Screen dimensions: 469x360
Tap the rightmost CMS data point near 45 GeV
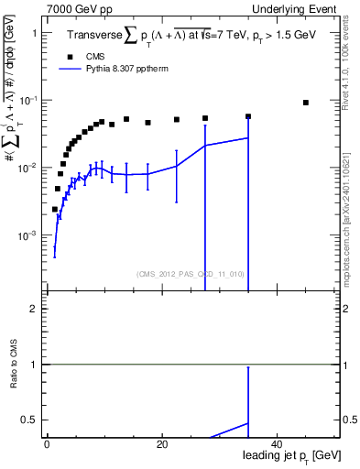[306, 103]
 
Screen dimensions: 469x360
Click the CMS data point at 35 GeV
[248, 116]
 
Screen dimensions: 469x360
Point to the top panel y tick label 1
[35, 33]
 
